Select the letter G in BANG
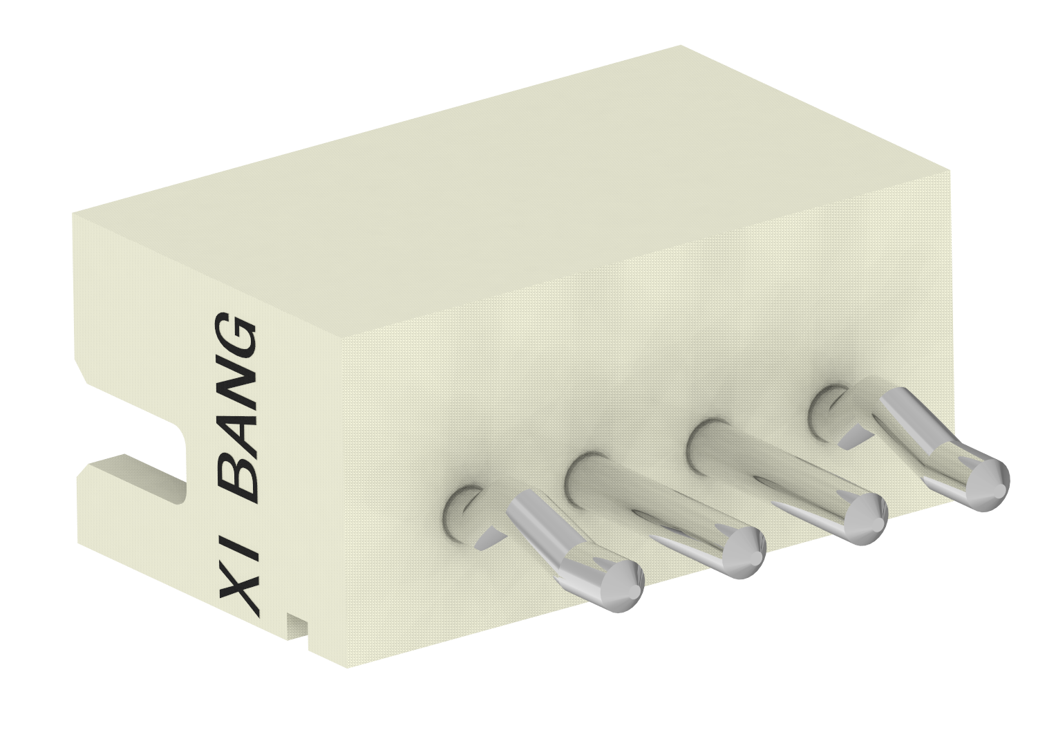(237, 338)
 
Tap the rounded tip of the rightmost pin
(985, 484)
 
